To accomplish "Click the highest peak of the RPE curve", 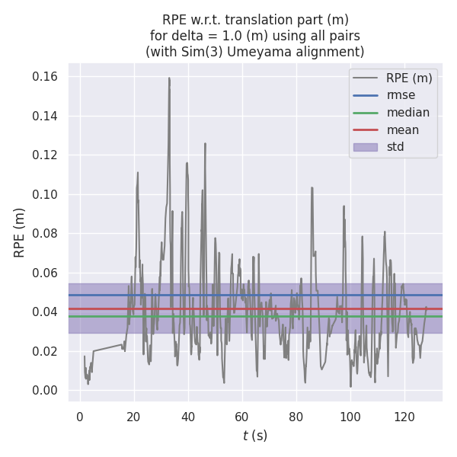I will click(169, 78).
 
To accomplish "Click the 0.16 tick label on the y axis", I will click(45, 77).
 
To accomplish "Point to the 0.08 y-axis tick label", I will click(45, 234).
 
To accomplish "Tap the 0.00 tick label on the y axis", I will click(45, 391).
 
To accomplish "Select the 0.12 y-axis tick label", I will click(45, 155).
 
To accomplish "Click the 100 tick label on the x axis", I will click(350, 417).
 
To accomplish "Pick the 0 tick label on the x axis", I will click(80, 417).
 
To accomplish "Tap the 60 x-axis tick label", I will click(242, 417).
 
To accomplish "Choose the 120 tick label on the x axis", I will click(404, 417).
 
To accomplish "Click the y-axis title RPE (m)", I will click(20, 232).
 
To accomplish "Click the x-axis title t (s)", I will click(255, 436).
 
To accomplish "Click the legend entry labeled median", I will click(407, 113).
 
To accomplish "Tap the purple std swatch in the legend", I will click(366, 147).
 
